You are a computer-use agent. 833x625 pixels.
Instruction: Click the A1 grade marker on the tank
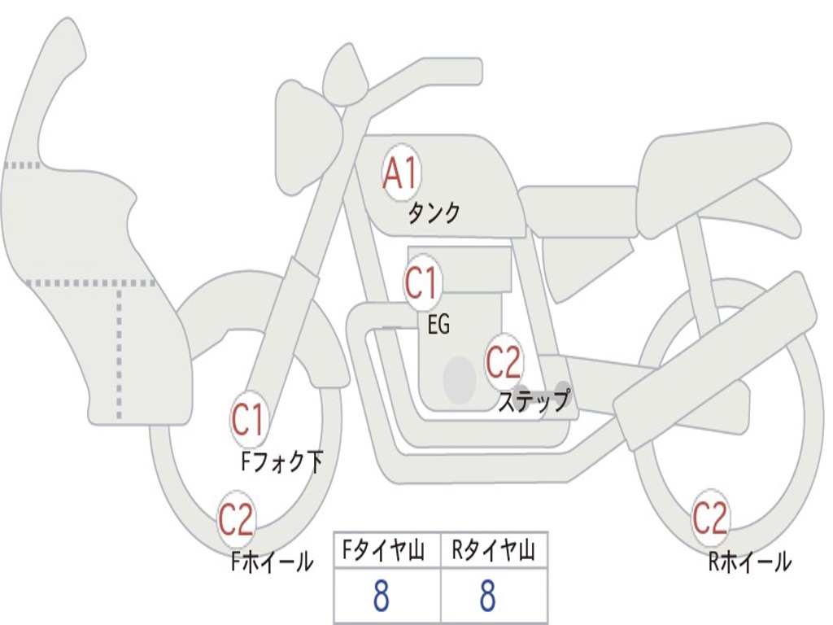(x=400, y=173)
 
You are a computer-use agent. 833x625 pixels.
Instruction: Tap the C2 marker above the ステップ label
(x=504, y=361)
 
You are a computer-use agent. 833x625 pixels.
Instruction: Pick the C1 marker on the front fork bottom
(x=248, y=420)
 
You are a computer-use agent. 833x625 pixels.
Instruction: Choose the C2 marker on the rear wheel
(x=709, y=518)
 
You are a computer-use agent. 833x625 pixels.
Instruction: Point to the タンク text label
(x=434, y=213)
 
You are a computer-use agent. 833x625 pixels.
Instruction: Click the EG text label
(x=438, y=325)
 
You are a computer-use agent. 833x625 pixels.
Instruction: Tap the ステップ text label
(x=534, y=401)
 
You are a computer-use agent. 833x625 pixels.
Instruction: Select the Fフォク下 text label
(x=282, y=462)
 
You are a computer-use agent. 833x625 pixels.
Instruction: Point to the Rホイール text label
(x=749, y=561)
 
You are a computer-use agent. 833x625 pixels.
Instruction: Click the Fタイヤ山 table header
(x=386, y=553)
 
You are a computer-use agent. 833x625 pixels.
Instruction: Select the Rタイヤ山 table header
(x=494, y=553)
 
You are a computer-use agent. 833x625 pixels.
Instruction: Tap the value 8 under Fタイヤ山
(x=381, y=597)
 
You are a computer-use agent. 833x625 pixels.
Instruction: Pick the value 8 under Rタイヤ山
(x=487, y=597)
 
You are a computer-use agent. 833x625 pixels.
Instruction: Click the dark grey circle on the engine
(x=459, y=379)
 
